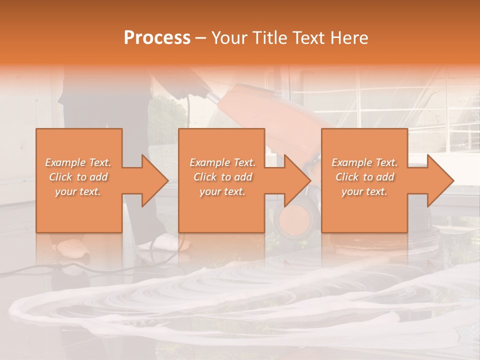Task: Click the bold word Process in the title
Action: coord(157,38)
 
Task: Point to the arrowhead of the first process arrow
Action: coord(154,180)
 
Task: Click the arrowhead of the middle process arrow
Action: coord(297,180)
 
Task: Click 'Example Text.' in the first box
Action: coord(78,162)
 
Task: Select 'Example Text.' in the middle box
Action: coord(222,162)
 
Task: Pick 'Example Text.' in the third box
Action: coord(364,162)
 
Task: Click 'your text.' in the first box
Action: coord(78,191)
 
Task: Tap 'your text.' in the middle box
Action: coord(222,191)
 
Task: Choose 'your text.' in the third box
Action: coord(364,191)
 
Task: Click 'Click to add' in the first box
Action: coord(78,177)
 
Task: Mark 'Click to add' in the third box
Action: coord(364,177)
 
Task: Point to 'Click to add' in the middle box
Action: coord(222,177)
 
